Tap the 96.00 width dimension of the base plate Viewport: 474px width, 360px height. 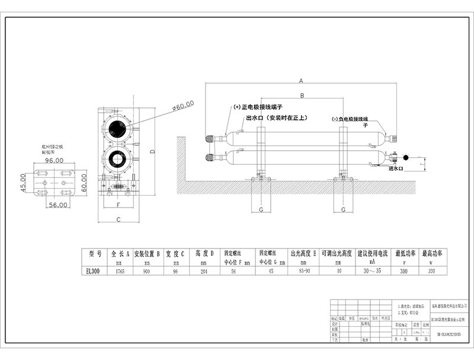click(55, 160)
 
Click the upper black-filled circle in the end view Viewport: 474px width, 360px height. click(118, 129)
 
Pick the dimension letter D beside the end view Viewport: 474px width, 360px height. click(152, 152)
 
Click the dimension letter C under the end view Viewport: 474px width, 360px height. click(118, 219)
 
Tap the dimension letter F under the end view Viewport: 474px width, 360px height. click(118, 205)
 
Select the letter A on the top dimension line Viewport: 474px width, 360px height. click(301, 79)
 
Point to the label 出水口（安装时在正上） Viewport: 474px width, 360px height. click(276, 118)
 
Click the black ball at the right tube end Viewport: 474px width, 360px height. click(406, 157)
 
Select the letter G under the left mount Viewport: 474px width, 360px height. click(261, 209)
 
